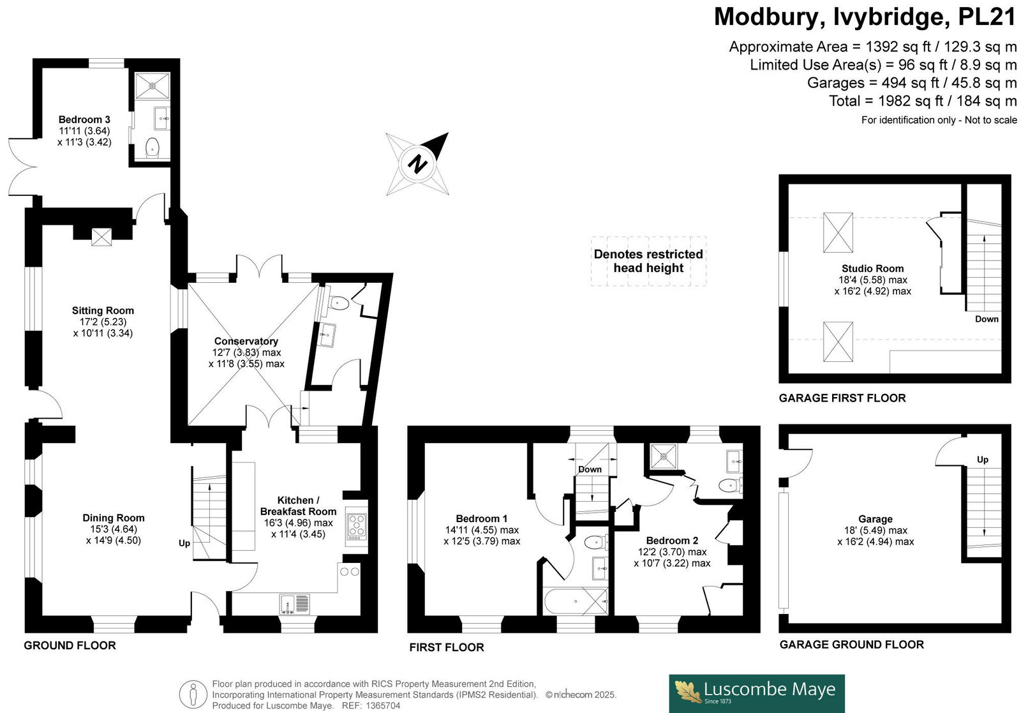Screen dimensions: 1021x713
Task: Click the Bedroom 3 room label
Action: [84, 120]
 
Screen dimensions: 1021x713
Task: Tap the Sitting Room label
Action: [103, 311]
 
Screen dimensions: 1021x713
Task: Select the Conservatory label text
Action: [246, 341]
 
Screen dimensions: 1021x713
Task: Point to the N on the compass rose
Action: [417, 163]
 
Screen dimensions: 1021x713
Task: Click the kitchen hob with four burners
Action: [357, 527]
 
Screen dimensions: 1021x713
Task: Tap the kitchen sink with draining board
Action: [294, 604]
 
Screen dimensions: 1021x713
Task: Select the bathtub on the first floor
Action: [576, 601]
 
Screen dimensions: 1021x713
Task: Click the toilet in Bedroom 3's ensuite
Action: [153, 147]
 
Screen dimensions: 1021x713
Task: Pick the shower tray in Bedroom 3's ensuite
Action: [153, 86]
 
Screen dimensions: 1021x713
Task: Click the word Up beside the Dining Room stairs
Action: [184, 543]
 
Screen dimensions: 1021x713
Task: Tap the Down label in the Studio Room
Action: [987, 319]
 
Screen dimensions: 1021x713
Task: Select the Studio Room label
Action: [872, 269]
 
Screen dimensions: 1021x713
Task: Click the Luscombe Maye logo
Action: [757, 693]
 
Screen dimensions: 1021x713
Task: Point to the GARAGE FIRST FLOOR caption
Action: [842, 398]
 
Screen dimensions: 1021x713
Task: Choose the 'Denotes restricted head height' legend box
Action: [648, 261]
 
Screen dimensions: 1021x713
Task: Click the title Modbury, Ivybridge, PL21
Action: [865, 18]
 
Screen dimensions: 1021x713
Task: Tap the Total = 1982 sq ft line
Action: [923, 101]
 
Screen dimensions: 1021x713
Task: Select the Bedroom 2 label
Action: [673, 541]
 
